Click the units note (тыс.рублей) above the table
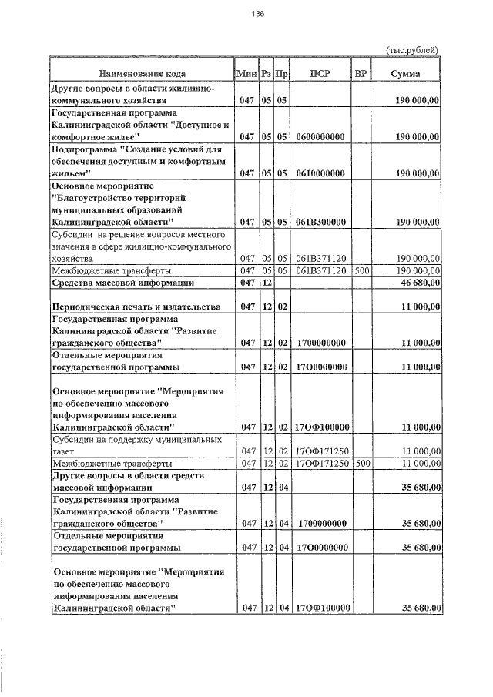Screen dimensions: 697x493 412,50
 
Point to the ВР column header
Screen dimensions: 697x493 360,73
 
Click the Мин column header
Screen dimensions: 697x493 246,73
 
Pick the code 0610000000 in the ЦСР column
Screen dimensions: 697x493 320,174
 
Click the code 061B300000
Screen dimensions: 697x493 320,222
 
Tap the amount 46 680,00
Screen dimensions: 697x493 415,283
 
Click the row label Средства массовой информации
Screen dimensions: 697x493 122,283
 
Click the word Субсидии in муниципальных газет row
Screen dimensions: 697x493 72,439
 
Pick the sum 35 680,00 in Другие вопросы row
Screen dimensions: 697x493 415,488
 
